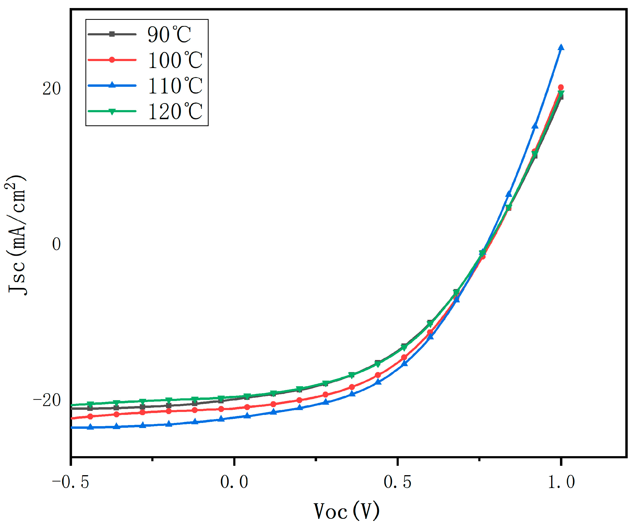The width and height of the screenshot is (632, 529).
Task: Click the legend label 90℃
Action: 169,34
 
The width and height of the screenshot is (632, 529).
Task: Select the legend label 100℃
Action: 175,60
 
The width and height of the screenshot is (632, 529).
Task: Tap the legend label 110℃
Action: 175,86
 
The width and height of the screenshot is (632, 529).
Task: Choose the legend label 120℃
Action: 175,112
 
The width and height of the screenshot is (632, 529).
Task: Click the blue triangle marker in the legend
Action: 112,85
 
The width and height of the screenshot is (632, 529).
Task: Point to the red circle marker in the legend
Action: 112,60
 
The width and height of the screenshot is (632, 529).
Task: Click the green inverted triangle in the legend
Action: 112,112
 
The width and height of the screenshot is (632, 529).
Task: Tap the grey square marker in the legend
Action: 112,34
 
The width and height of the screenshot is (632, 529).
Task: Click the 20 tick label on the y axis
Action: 51,89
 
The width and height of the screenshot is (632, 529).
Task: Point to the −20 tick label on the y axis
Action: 47,400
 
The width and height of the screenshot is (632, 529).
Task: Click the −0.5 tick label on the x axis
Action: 71,482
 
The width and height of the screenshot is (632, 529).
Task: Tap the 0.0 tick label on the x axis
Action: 234,482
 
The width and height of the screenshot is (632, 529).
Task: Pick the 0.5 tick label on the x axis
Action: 398,482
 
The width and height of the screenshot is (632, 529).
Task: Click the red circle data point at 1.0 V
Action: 561,87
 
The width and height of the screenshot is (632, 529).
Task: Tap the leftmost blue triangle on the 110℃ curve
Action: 90,427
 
